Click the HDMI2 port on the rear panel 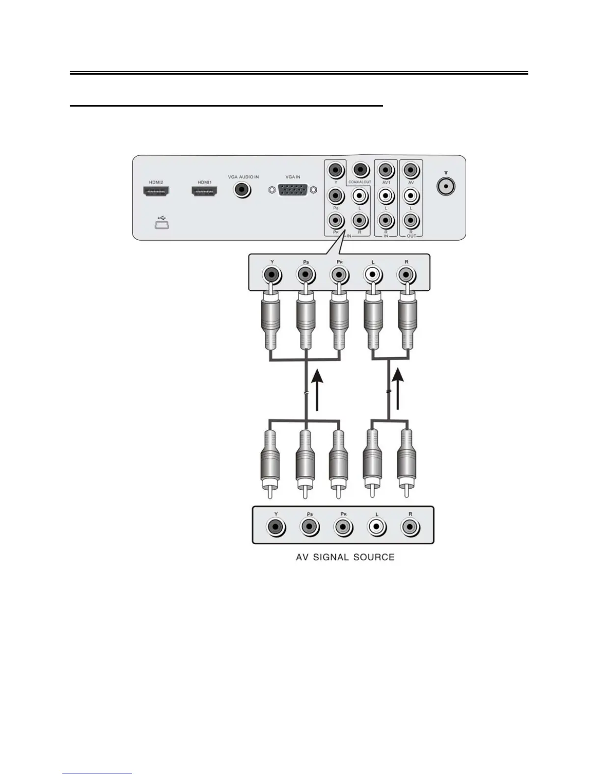[x=156, y=192]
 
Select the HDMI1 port [x=204, y=192]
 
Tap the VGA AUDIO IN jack [x=242, y=189]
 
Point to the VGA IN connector [x=293, y=190]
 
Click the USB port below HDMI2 [x=162, y=225]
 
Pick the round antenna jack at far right [x=445, y=186]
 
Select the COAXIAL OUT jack [x=361, y=170]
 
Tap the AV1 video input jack [x=386, y=170]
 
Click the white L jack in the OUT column [x=411, y=196]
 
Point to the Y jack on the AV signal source [x=275, y=528]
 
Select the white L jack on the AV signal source [x=377, y=528]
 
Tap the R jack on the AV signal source [x=410, y=528]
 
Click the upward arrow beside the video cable [x=318, y=390]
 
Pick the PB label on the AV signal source [x=310, y=514]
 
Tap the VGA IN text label [x=293, y=177]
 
